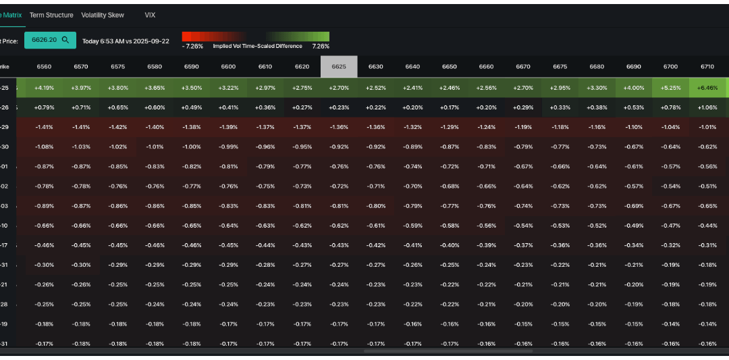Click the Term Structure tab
[51, 15]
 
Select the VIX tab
[150, 15]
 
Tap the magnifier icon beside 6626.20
[65, 40]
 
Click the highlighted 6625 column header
[339, 67]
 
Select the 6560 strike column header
[44, 67]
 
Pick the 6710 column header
[707, 67]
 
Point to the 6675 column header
[560, 67]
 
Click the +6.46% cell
[707, 88]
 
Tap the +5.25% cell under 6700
[670, 88]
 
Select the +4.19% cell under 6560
[44, 88]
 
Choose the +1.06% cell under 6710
[707, 107]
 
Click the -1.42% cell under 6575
[117, 126]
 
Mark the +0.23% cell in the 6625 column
[339, 107]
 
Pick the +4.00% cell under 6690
[634, 88]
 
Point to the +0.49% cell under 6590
[191, 107]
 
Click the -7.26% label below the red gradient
[192, 47]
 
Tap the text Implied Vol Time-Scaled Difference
[257, 47]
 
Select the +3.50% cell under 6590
[191, 88]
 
